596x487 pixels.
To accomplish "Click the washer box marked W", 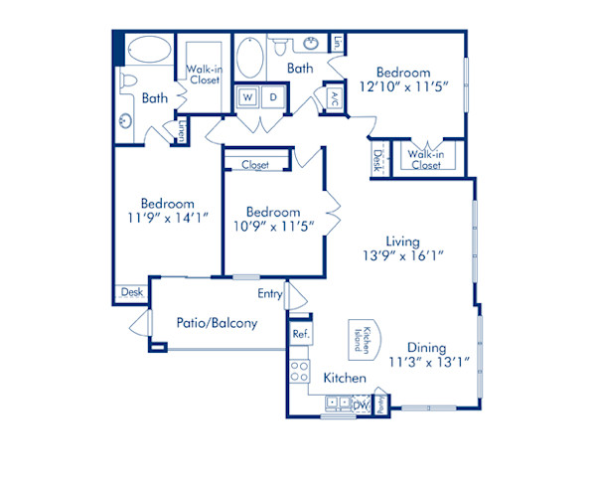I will [245, 97].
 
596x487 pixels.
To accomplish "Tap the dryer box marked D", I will [272, 97].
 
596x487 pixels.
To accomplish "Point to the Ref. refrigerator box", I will [300, 335].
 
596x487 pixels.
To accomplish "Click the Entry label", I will [269, 293].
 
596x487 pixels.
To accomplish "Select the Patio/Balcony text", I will [217, 323].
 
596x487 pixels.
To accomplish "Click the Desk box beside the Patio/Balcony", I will [131, 292].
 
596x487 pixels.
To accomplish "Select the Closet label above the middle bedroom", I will [255, 165].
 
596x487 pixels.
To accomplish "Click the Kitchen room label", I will [345, 380].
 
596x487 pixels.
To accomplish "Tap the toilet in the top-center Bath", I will [279, 46].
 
